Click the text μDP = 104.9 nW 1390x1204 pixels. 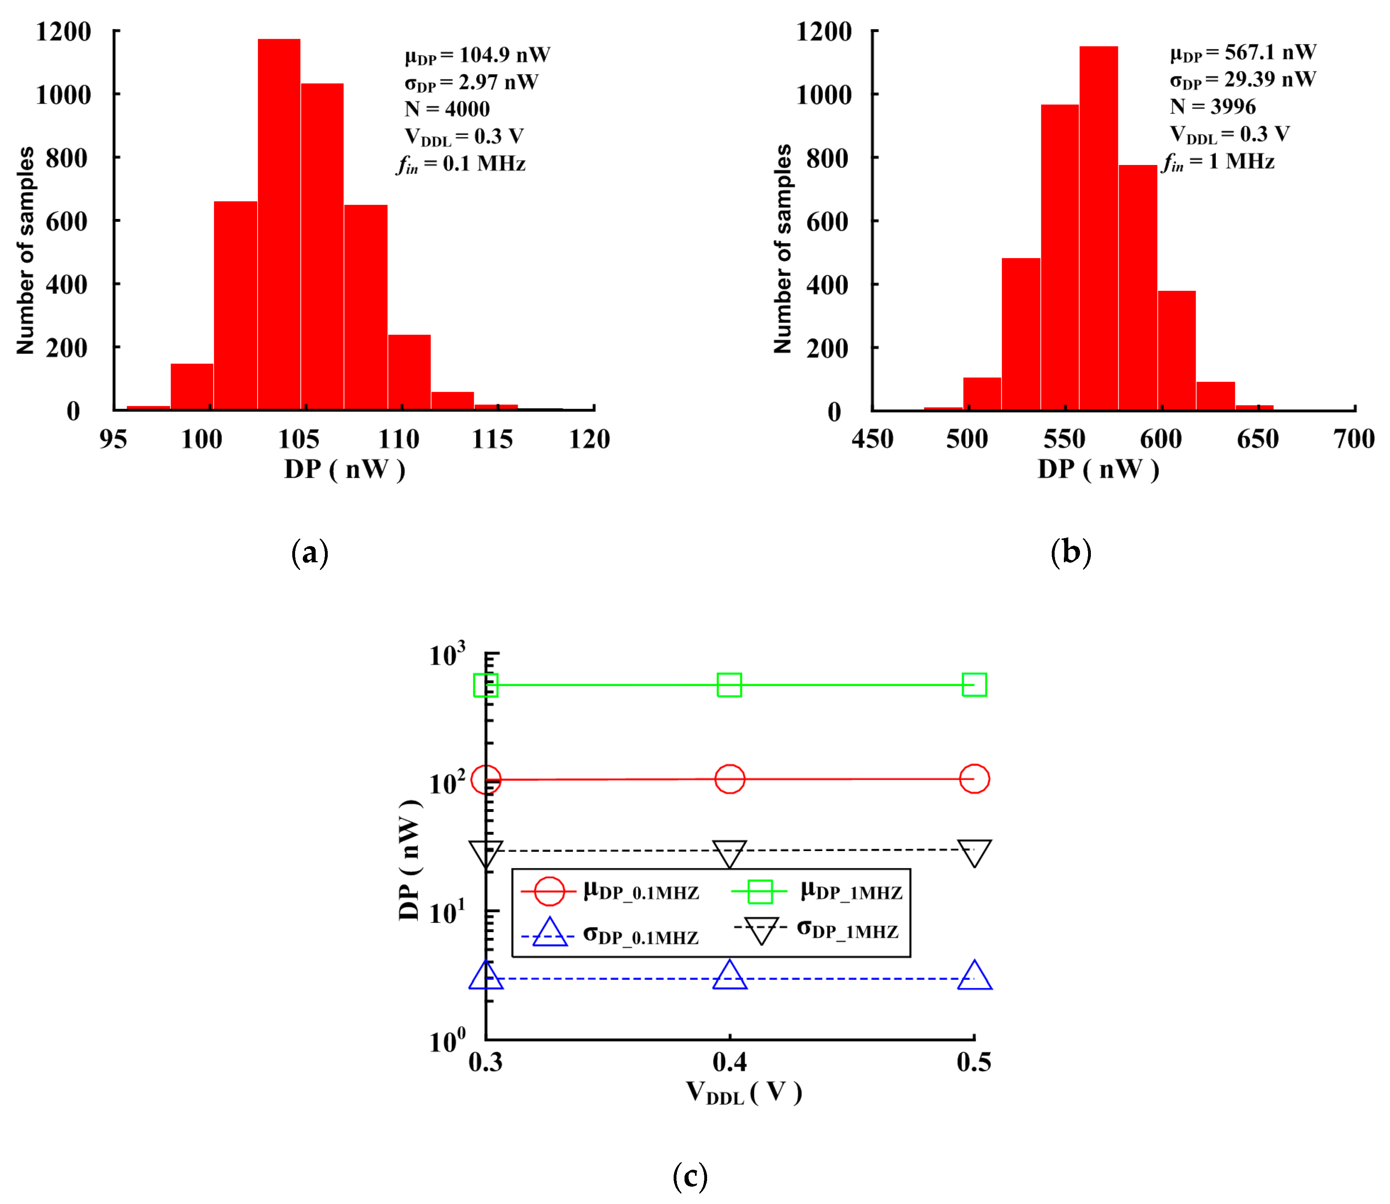click(x=477, y=56)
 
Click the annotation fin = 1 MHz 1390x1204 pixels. click(x=1218, y=162)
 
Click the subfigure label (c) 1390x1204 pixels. click(x=690, y=1176)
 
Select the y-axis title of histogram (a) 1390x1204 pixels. click(x=25, y=250)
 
